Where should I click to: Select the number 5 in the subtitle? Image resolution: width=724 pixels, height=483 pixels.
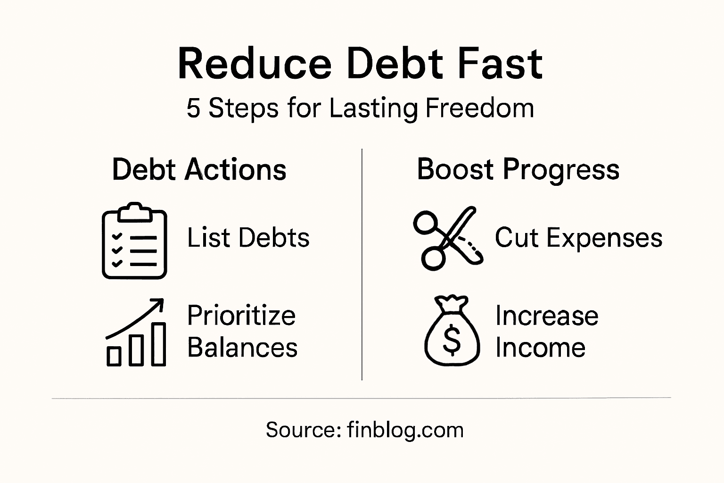193,108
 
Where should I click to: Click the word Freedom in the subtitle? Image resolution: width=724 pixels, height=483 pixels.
479,108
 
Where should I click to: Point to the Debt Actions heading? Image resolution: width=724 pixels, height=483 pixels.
199,170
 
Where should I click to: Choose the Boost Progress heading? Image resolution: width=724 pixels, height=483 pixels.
518,170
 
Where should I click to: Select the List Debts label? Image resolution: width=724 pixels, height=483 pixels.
248,238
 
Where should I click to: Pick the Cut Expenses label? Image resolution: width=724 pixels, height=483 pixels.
578,238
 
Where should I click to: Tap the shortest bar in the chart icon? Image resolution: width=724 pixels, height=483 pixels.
114,356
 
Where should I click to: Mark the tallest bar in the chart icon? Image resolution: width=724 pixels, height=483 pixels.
158,344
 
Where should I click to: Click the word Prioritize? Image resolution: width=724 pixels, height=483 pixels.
241,315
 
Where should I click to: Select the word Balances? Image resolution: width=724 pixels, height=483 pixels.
242,348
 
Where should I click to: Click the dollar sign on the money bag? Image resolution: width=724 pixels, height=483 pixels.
452,341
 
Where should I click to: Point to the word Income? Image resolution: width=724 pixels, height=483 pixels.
540,348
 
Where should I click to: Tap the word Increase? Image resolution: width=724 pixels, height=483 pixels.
547,316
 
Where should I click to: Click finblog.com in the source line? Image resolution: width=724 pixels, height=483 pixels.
405,430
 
